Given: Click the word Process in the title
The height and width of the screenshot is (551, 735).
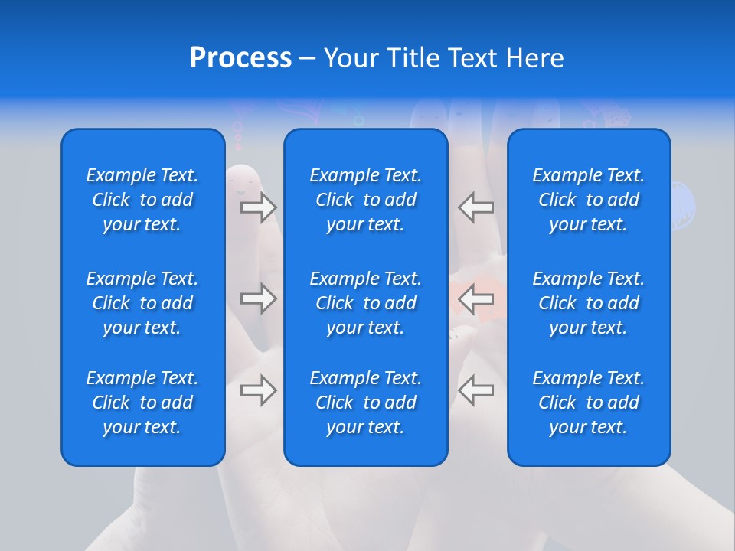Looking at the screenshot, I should [240, 58].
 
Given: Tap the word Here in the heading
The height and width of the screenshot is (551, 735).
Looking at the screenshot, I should [535, 58].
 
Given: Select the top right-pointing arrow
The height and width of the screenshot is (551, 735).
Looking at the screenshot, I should [259, 207].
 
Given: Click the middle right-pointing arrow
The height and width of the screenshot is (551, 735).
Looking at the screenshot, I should [259, 298].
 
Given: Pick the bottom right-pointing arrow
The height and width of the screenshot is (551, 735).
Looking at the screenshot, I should [259, 390].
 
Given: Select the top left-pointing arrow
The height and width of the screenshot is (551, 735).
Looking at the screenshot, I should [476, 207].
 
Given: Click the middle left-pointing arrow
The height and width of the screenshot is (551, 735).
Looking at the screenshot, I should [476, 298].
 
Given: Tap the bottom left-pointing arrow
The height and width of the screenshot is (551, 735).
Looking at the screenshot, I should [476, 390].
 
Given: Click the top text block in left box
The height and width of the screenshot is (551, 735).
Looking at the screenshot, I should [142, 200].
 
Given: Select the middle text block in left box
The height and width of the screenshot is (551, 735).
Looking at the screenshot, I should [142, 303].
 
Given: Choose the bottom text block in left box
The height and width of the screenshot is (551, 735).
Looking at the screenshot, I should [142, 403].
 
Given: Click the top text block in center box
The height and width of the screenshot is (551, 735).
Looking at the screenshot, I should [366, 200].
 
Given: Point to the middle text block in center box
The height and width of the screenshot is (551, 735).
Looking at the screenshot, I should [366, 303].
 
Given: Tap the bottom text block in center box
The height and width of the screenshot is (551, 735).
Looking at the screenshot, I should [366, 403].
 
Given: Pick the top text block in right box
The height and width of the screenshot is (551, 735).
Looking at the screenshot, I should [589, 200].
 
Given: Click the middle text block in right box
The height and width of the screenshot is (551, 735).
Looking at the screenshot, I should [589, 303].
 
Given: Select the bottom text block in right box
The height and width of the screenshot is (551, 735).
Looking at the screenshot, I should [589, 403].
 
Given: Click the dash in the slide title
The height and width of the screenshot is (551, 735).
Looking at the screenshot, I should [307, 59].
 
